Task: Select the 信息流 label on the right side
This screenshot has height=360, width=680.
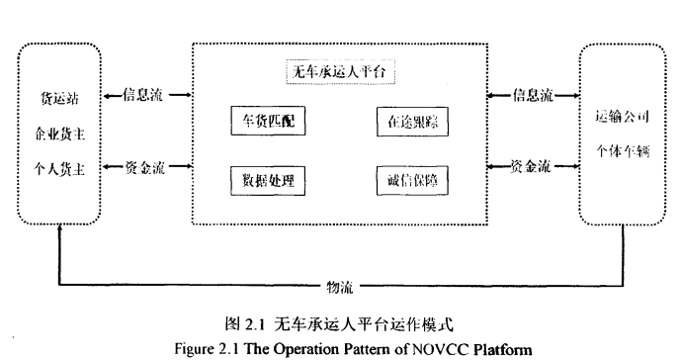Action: click(x=533, y=95)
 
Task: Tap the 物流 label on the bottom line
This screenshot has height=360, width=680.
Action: click(x=339, y=287)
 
